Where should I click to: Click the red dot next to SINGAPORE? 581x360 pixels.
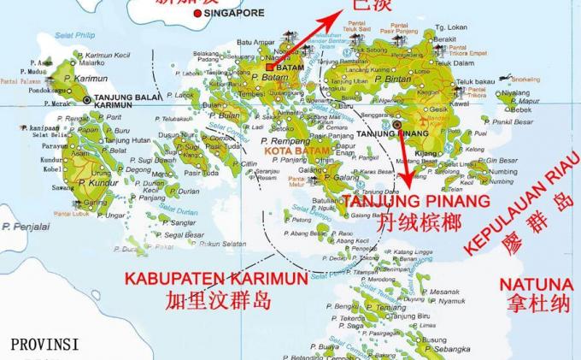click(198, 14)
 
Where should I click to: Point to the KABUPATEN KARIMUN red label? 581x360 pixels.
click(217, 278)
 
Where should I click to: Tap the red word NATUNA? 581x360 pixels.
click(535, 284)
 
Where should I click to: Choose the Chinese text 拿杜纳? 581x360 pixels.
click(535, 305)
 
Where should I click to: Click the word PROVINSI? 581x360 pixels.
click(44, 345)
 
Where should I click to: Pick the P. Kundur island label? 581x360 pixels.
click(94, 183)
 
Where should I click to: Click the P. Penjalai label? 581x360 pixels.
click(26, 227)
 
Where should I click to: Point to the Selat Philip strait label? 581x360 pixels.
click(75, 36)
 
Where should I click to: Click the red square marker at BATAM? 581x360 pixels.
click(270, 67)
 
